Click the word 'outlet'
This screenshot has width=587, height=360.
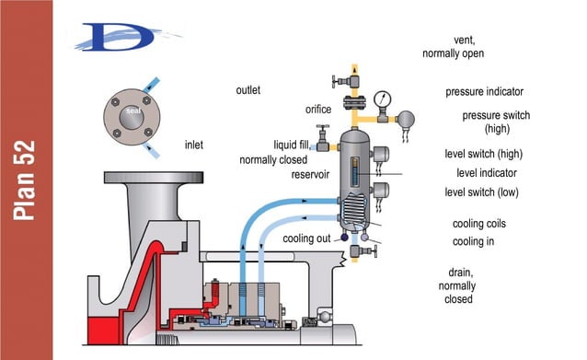click(x=248, y=90)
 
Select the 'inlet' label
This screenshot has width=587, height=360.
click(x=194, y=145)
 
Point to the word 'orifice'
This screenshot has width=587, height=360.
click(x=318, y=110)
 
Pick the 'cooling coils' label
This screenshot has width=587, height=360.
click(x=479, y=224)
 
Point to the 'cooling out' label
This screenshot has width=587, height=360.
click(x=308, y=239)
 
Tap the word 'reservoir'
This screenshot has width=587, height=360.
click(x=311, y=174)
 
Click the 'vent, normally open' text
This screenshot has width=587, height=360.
click(x=454, y=47)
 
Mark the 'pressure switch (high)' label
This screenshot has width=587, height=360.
click(x=497, y=122)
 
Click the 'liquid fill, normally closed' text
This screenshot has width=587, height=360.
click(x=279, y=152)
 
